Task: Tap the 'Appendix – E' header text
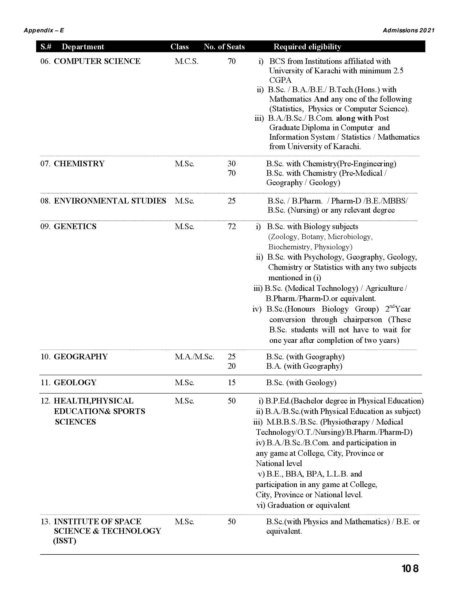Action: point(44,30)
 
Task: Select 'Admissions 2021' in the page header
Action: point(409,30)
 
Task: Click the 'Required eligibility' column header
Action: point(307,47)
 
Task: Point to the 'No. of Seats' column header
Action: point(224,47)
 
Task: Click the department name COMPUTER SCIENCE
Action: point(97,61)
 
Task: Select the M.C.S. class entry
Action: point(187,61)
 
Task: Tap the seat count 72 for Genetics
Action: point(232,226)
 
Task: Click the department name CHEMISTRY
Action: point(79,164)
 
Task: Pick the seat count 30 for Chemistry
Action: point(232,164)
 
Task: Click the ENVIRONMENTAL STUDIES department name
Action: point(110,201)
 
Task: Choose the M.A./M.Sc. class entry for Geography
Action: point(195,357)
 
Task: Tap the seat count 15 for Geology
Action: point(232,382)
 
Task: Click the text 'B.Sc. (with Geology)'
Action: point(301,382)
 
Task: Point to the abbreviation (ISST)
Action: point(65,541)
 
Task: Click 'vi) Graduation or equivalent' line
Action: point(303,505)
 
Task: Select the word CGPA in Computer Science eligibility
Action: point(280,80)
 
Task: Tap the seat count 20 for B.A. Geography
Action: point(232,366)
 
